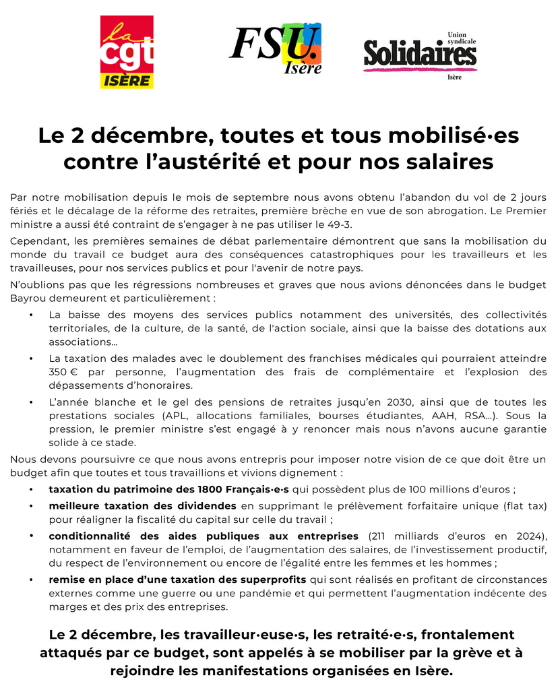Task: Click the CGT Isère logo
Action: pyautogui.click(x=127, y=52)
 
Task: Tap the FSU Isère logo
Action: pyautogui.click(x=276, y=49)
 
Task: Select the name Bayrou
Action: pyautogui.click(x=28, y=297)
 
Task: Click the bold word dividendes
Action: pyautogui.click(x=202, y=505)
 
